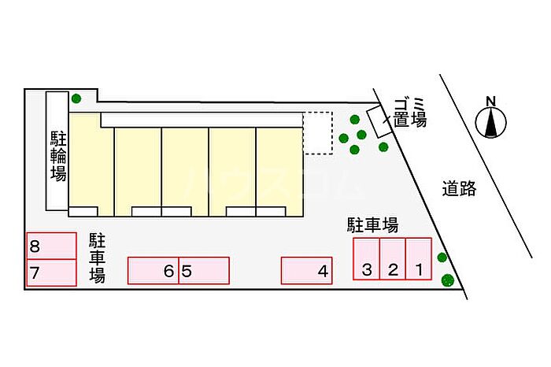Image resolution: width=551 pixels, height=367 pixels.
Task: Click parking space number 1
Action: coord(419,259)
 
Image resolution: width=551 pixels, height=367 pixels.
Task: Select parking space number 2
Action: coord(393,259)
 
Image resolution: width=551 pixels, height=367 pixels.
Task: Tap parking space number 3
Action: coord(367,259)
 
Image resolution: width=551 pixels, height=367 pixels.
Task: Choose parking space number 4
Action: coord(307,270)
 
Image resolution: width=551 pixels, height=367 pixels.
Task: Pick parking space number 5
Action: coord(204,270)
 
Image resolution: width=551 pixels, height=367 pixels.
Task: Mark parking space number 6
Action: coord(153,270)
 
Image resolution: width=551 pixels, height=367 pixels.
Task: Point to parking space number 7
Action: coord(52,272)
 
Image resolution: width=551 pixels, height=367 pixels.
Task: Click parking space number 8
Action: coord(52,246)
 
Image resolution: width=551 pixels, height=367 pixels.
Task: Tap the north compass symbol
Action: coord(491,123)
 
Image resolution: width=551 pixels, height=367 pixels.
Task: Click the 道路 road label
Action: coord(459,189)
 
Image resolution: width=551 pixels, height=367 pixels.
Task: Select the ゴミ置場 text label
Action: coord(410,113)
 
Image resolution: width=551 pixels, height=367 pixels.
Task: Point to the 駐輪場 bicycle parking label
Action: coord(58,156)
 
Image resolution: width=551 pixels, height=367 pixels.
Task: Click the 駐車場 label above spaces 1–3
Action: coord(373,225)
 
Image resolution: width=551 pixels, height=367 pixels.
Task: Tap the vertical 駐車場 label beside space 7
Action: coord(97,258)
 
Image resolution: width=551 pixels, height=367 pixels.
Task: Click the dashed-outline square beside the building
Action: coord(318,133)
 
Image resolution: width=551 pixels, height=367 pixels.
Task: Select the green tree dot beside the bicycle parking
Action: coord(76,98)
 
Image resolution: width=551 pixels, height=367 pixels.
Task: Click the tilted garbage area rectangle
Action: coord(379,121)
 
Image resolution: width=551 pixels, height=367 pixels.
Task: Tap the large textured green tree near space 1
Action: coord(448,280)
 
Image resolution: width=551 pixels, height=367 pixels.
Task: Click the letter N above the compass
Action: coord(491,102)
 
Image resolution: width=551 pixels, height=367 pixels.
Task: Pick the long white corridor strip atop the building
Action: coord(202,120)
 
